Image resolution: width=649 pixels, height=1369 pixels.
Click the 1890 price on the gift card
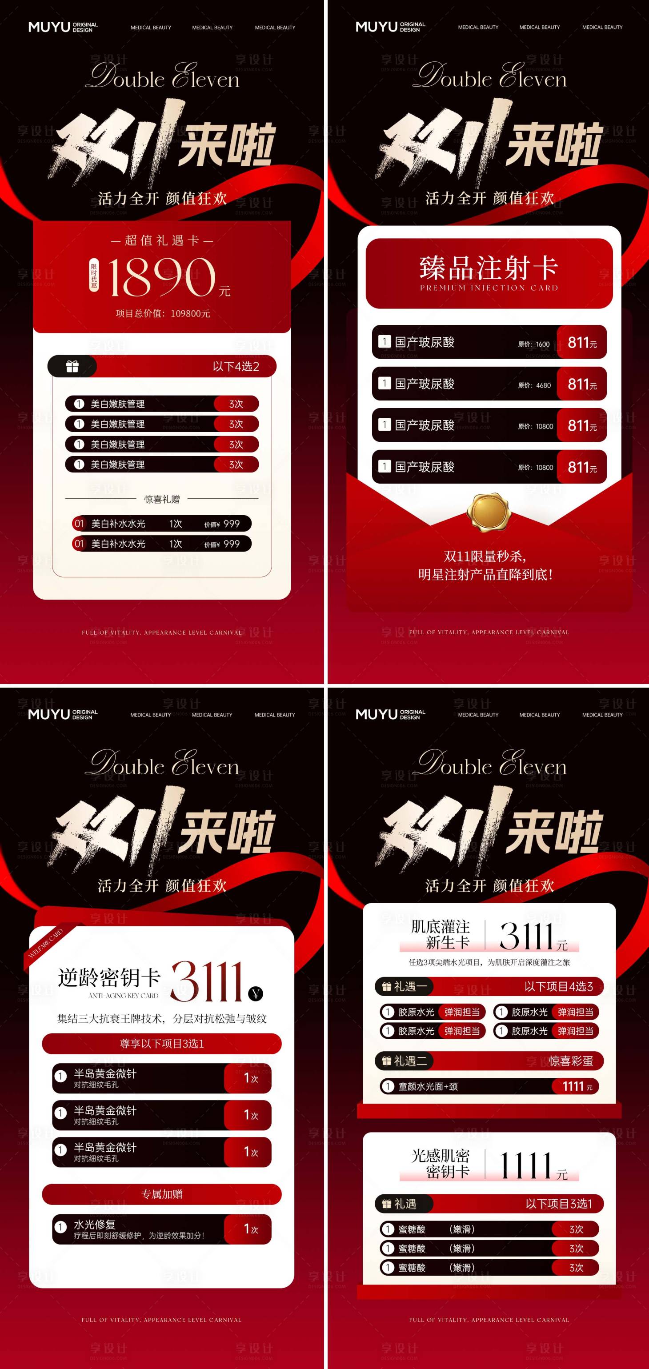coord(162,277)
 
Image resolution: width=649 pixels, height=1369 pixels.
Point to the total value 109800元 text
coord(163,313)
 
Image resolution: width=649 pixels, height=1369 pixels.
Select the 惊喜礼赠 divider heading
coord(162,499)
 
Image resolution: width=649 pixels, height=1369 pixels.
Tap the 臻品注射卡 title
coord(489,267)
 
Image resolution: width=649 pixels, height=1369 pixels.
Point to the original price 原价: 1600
coord(534,344)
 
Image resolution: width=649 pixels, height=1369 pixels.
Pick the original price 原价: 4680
coord(534,385)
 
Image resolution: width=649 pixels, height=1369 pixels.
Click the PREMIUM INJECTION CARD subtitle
coord(489,288)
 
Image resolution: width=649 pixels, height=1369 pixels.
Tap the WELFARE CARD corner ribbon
coord(46,943)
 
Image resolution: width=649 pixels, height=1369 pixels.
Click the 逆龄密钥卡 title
coord(109,977)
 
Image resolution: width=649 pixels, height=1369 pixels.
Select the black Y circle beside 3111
coord(256,993)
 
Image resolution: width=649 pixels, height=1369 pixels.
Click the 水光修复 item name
coord(95,1224)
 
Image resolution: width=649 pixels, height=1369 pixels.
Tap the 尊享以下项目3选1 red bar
coord(162,1043)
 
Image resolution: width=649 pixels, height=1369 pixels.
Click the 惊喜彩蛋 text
coord(570,1061)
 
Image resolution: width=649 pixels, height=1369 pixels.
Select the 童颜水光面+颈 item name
coord(428,1086)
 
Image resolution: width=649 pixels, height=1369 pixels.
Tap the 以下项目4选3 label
coord(558,986)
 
